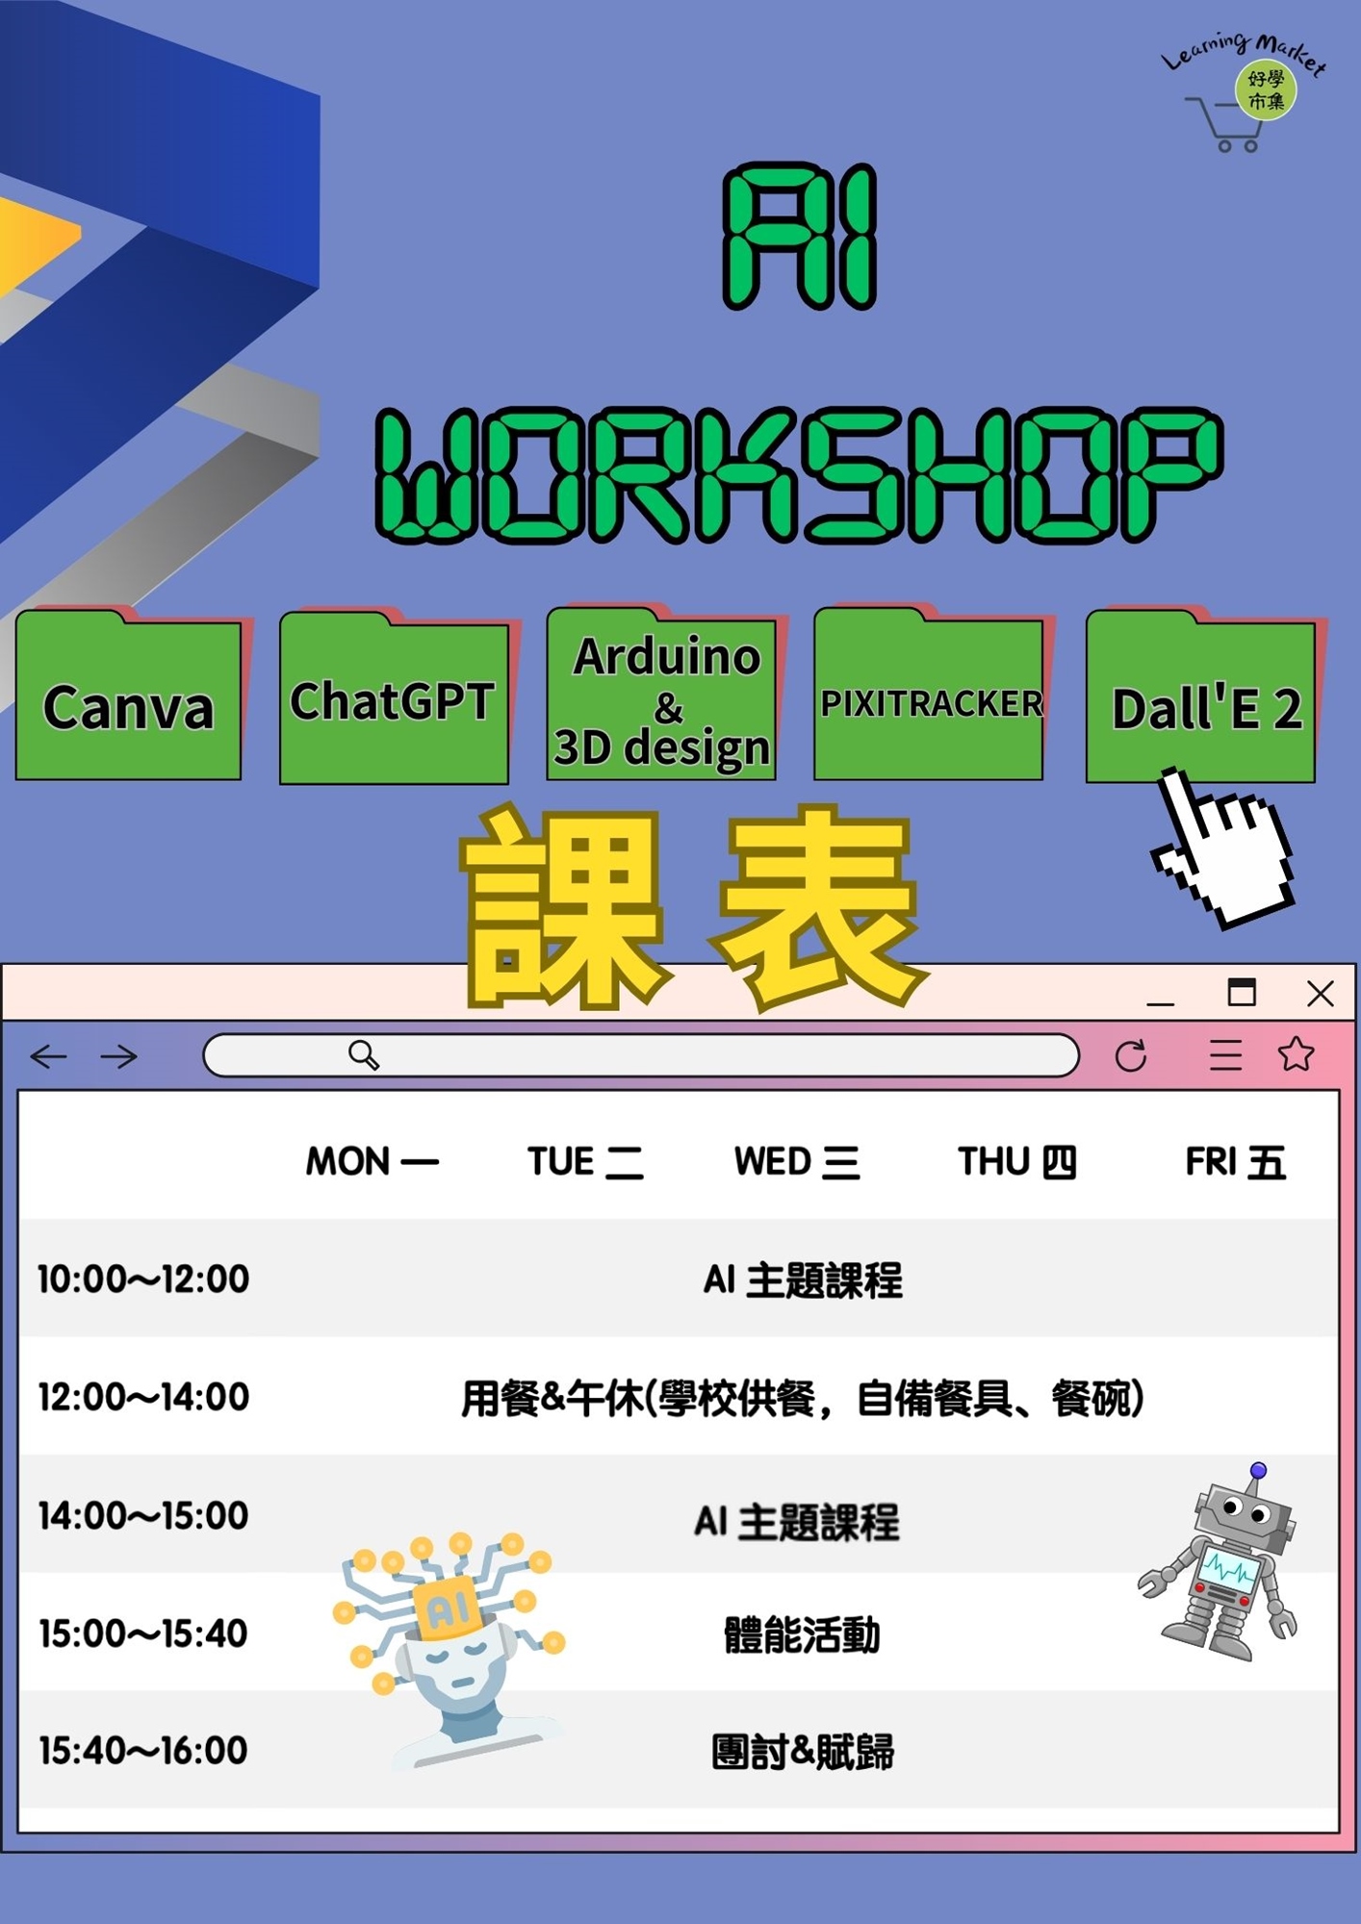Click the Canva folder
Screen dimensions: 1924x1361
pos(128,702)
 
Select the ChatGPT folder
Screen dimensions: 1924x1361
pos(394,702)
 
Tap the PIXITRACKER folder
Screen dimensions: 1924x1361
pos(930,702)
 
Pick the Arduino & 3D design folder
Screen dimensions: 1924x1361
pos(662,702)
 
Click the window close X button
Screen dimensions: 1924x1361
pos(1320,994)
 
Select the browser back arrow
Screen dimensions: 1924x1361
pos(48,1056)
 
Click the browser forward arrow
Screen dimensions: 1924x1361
pos(118,1056)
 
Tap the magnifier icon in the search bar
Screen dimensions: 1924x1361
pos(364,1055)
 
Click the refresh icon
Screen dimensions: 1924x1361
pos(1131,1055)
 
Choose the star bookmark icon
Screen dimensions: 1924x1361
pos(1296,1054)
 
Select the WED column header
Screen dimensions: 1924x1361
pos(796,1162)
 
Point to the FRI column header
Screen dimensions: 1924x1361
pos(1235,1162)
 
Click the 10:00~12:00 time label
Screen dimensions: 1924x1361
pos(143,1279)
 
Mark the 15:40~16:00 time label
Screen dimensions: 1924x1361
pos(143,1751)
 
